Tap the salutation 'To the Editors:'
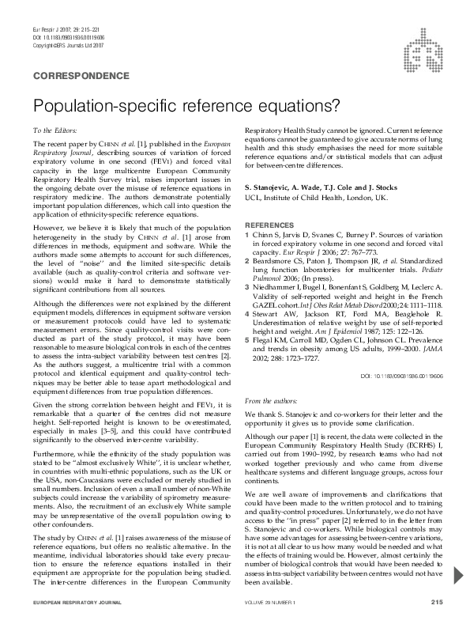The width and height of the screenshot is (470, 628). [x=55, y=129]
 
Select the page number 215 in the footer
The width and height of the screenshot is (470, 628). [x=436, y=603]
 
